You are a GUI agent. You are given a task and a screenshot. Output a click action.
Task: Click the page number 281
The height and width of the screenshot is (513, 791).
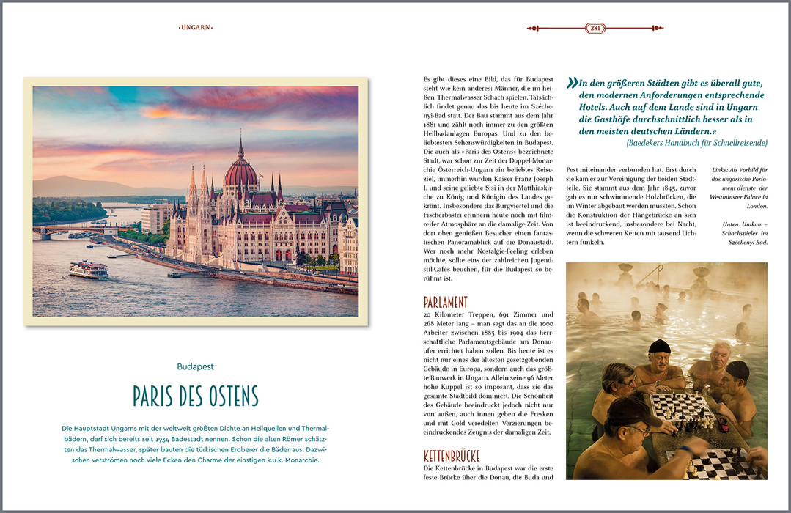click(595, 29)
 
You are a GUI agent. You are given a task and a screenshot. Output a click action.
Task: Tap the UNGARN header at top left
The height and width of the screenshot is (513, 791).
click(196, 28)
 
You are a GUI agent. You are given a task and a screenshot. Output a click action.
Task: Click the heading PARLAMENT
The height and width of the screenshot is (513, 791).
click(445, 302)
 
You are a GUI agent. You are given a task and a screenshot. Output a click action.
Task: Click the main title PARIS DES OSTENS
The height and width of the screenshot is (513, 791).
click(196, 396)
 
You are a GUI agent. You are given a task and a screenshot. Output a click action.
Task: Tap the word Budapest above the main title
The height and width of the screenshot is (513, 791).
click(196, 366)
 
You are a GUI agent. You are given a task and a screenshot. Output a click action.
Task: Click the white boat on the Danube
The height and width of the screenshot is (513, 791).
click(89, 269)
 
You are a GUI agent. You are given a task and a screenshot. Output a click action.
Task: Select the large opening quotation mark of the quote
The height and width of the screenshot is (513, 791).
click(572, 83)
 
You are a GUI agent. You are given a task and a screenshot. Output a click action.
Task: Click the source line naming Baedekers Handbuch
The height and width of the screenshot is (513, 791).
click(697, 143)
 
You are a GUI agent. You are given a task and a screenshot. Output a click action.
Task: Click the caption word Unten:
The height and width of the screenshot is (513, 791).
click(719, 224)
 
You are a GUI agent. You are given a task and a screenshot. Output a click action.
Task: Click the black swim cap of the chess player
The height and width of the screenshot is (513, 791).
click(660, 346)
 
